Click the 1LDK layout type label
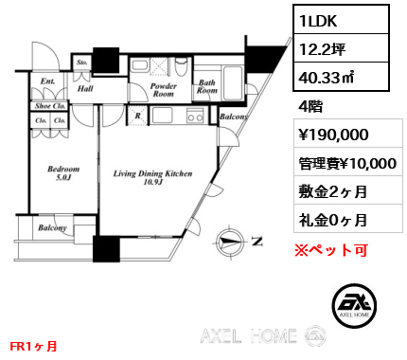[318, 21]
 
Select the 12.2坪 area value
[322, 49]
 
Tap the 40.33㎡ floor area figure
[327, 77]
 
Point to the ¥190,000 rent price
[333, 135]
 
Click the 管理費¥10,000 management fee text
[347, 164]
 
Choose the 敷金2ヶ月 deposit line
[333, 191]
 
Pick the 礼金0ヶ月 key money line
[333, 220]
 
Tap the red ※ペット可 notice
[331, 250]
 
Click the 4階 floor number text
[310, 107]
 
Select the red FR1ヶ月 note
[33, 346]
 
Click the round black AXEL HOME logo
[354, 305]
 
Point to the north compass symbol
[230, 242]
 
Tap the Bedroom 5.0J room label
[63, 173]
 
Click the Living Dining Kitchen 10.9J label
[152, 177]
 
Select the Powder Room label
[163, 90]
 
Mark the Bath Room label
[207, 86]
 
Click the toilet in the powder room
[181, 66]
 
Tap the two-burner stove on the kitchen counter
[195, 116]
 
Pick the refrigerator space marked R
[137, 116]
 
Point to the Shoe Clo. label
[50, 106]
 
